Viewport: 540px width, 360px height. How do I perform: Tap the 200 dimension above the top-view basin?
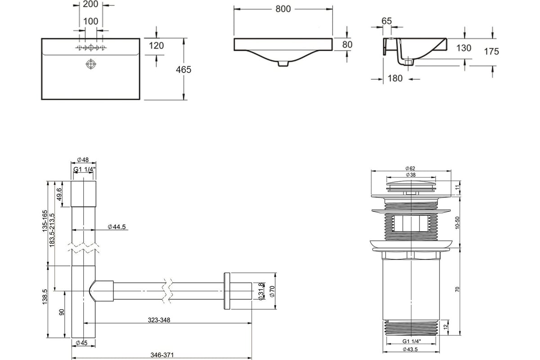[91, 5]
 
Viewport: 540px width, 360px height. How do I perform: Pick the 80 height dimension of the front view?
[347, 45]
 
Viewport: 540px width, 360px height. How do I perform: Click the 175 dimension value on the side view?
[492, 52]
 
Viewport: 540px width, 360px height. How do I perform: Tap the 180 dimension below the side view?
[395, 79]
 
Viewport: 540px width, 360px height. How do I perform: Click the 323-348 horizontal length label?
[158, 320]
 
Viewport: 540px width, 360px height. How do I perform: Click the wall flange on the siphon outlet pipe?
[226, 291]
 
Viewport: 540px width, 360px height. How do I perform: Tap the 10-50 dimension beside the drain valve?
[458, 222]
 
